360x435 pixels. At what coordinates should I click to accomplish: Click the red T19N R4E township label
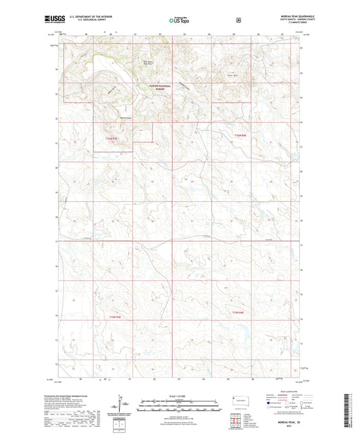pos(240,137)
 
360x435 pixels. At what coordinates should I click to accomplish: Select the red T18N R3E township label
pos(115,317)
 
